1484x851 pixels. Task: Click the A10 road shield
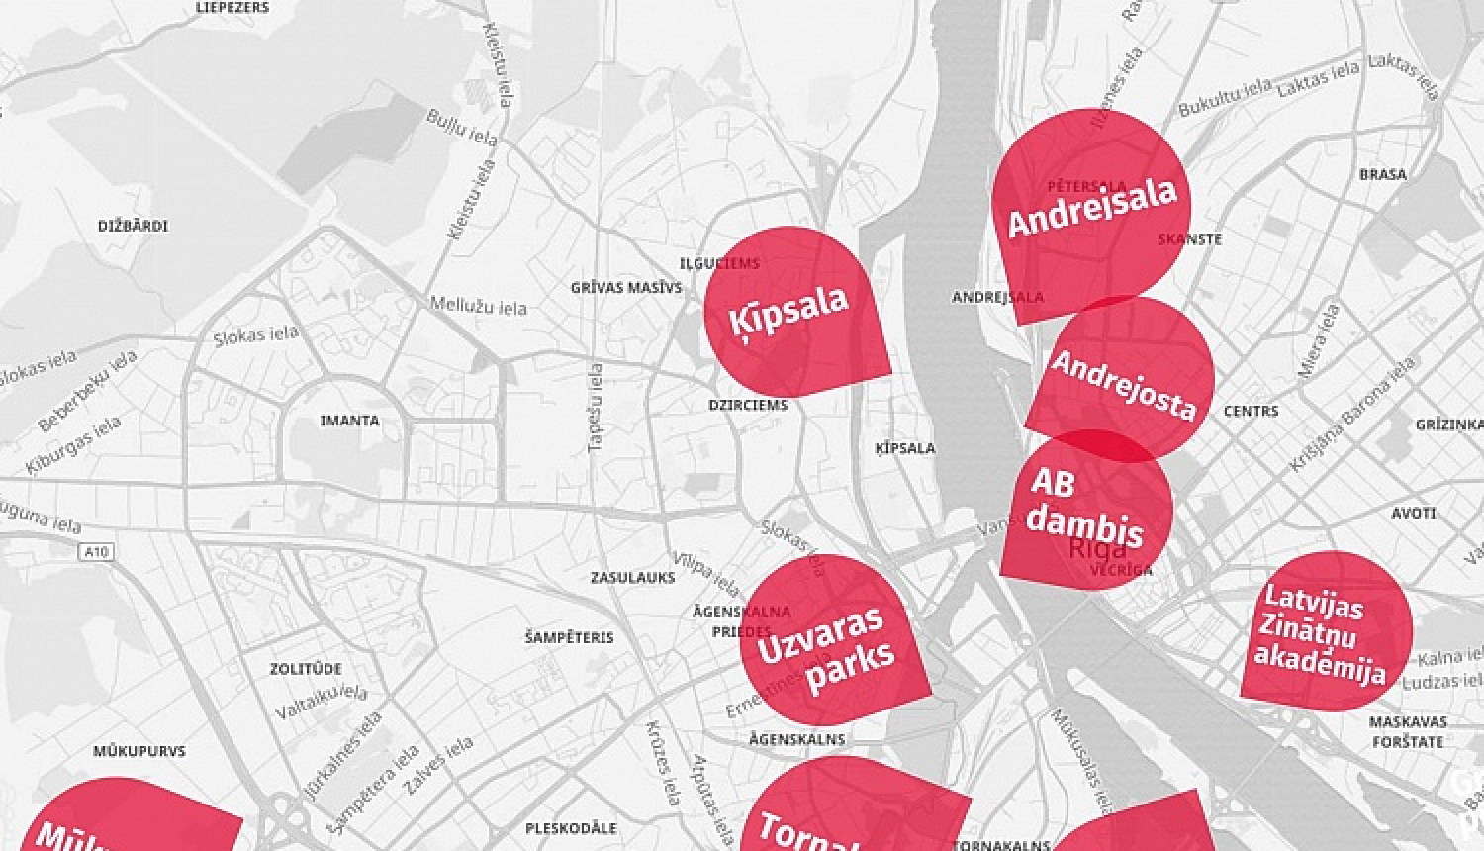click(x=96, y=552)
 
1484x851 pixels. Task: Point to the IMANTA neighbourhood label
click(x=349, y=421)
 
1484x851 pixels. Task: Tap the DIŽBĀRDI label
click(x=133, y=226)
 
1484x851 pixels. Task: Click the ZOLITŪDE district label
click(x=306, y=669)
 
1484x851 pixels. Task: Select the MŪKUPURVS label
click(x=139, y=751)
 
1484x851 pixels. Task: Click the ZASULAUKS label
click(x=632, y=577)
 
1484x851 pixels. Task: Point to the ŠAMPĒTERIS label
click(x=569, y=637)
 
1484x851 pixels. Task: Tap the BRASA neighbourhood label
click(x=1382, y=174)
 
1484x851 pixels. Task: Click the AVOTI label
click(x=1413, y=513)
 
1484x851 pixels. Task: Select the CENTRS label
click(x=1251, y=411)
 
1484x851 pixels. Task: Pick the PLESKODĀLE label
click(x=571, y=828)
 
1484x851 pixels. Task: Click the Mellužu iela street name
click(x=478, y=305)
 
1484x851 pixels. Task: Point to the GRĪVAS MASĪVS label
click(x=626, y=288)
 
